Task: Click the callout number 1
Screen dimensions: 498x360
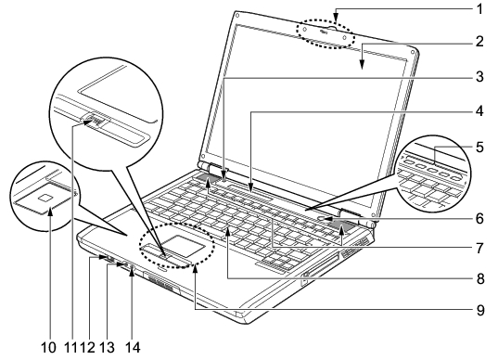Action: click(479, 9)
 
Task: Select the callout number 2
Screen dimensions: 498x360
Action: click(479, 42)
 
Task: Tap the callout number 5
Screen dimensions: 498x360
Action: click(479, 148)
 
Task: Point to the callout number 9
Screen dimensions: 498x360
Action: click(479, 310)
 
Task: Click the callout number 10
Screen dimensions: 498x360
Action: click(48, 348)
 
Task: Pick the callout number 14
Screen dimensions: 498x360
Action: click(133, 348)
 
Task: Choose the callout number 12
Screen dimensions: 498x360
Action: click(88, 348)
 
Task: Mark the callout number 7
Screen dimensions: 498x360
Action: click(479, 248)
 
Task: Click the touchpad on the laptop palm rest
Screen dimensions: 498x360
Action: click(185, 246)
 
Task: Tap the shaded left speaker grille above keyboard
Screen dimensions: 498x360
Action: click(207, 178)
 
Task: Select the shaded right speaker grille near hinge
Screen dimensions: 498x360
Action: click(340, 225)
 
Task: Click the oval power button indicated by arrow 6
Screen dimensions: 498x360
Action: click(322, 219)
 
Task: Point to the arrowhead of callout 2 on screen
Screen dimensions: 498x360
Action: click(362, 65)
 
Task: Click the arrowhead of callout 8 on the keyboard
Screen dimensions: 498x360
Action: click(228, 232)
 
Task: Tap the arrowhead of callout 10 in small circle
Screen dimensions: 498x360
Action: click(50, 211)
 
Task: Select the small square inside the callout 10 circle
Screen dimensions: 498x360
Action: click(45, 198)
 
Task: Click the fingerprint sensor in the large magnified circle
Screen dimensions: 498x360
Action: click(96, 120)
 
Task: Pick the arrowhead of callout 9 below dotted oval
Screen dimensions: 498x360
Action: click(196, 269)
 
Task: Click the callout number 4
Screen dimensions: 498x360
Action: click(479, 111)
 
